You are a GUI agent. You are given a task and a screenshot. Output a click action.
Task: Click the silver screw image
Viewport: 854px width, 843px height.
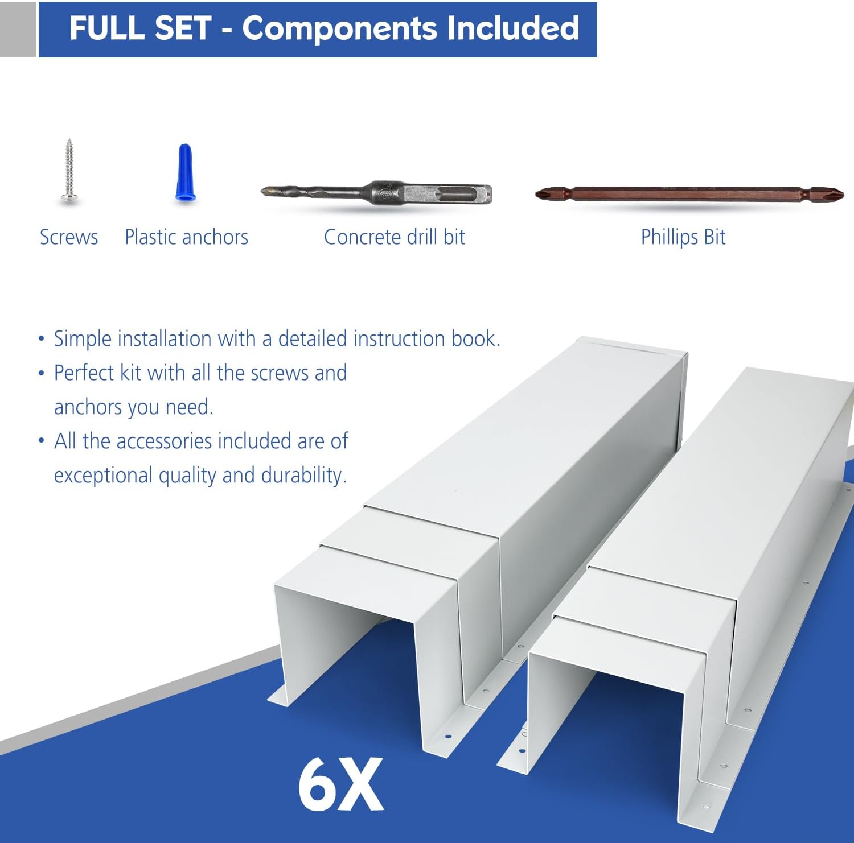69,171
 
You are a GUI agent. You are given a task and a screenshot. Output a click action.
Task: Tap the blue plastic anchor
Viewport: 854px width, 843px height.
186,172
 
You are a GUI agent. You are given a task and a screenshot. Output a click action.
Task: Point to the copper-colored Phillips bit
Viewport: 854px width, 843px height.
689,194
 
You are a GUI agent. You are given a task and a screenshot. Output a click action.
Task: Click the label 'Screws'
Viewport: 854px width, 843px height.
69,237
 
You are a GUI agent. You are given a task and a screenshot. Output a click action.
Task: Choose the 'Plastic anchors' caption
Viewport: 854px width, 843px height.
186,237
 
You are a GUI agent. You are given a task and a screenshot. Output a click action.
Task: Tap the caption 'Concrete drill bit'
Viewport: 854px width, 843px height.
394,237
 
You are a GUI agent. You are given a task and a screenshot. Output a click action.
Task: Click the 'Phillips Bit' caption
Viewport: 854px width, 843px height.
683,237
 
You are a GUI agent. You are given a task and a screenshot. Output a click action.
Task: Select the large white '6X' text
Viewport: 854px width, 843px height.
340,785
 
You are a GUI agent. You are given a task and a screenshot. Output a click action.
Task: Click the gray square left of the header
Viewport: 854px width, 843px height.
18,29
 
